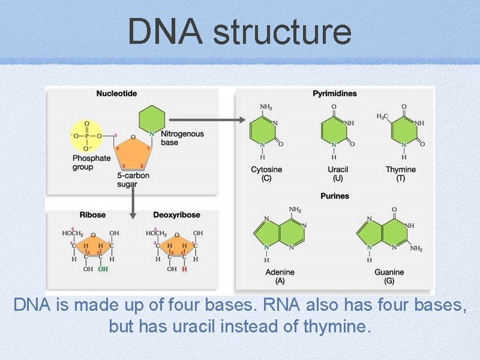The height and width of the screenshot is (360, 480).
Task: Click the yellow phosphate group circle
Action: [x=86, y=136]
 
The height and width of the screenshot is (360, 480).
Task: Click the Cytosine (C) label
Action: [x=266, y=174]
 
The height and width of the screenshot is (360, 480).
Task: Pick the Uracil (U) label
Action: [x=338, y=174]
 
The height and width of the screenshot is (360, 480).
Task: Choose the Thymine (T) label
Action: [x=400, y=174]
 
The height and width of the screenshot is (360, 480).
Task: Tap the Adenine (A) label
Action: [x=280, y=277]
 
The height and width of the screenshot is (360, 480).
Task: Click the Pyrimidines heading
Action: [x=335, y=94]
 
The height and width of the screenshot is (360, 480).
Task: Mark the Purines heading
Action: [x=335, y=196]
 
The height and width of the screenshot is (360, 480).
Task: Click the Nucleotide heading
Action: [x=117, y=94]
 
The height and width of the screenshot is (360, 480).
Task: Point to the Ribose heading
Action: [x=92, y=215]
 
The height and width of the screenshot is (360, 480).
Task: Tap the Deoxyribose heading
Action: [x=176, y=215]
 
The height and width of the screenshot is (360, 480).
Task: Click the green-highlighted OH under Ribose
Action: [x=103, y=269]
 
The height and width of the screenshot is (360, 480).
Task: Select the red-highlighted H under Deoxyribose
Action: [x=185, y=269]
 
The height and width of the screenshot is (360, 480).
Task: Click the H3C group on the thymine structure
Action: [x=382, y=116]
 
